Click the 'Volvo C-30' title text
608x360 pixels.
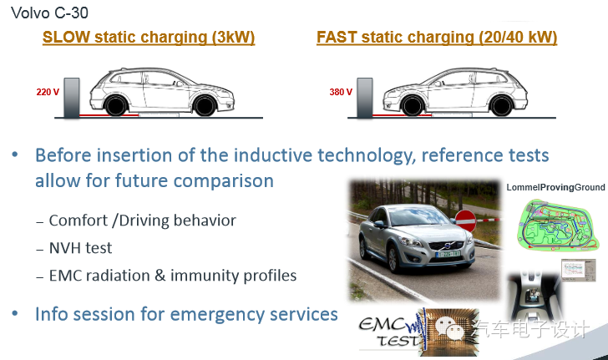[49, 13]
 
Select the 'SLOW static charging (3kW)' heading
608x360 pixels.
[149, 38]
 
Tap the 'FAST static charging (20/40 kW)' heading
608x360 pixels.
[437, 38]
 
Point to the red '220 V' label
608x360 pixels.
[48, 92]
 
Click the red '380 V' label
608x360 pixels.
[341, 92]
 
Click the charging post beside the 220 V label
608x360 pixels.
[72, 98]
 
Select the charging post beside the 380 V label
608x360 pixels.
[365, 98]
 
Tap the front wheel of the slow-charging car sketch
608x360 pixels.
[205, 105]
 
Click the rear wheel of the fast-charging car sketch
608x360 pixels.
[501, 105]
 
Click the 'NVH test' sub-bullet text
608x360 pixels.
[80, 248]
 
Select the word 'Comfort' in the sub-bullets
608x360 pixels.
[78, 221]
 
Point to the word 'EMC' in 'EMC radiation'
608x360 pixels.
[65, 276]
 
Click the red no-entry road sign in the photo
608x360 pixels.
[465, 221]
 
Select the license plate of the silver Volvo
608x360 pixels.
[448, 254]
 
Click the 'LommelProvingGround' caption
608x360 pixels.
[555, 187]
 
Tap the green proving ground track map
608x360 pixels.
[557, 225]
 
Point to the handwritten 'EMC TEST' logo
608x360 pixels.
[391, 332]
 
